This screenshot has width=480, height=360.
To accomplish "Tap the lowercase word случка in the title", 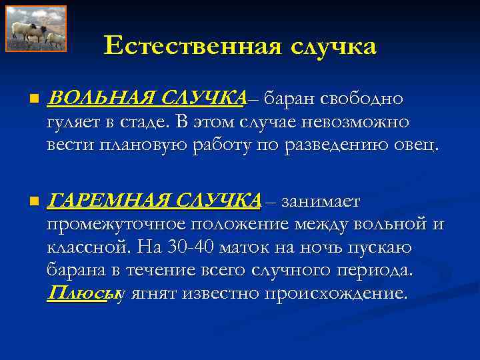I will coord(333,46).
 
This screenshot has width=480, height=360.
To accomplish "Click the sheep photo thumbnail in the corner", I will coord(36,29).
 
